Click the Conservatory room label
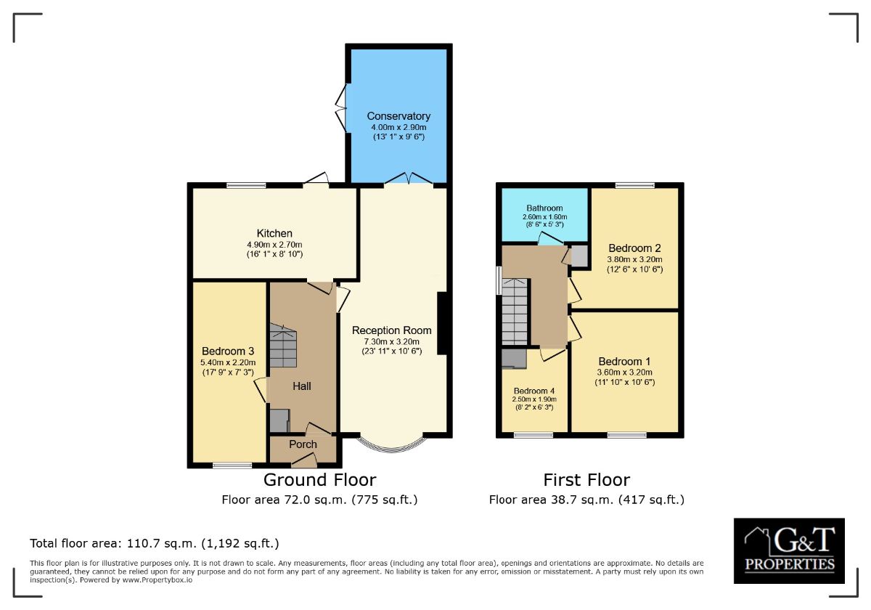pos(398,116)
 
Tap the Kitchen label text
pos(274,233)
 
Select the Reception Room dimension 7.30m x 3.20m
pos(391,342)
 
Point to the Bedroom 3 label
pos(228,351)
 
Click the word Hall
pos(302,386)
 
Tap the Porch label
pos(303,444)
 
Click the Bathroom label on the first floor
pos(545,208)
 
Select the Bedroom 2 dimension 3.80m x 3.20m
pos(635,259)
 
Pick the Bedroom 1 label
pos(624,362)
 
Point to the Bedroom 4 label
pos(534,391)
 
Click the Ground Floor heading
pos(320,480)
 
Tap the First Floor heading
pos(586,480)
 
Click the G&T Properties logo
pos(790,551)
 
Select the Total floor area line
pos(155,543)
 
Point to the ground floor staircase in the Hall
pos(283,346)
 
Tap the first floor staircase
pos(515,312)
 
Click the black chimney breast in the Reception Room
pos(443,323)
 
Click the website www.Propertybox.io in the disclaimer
pos(158,580)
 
